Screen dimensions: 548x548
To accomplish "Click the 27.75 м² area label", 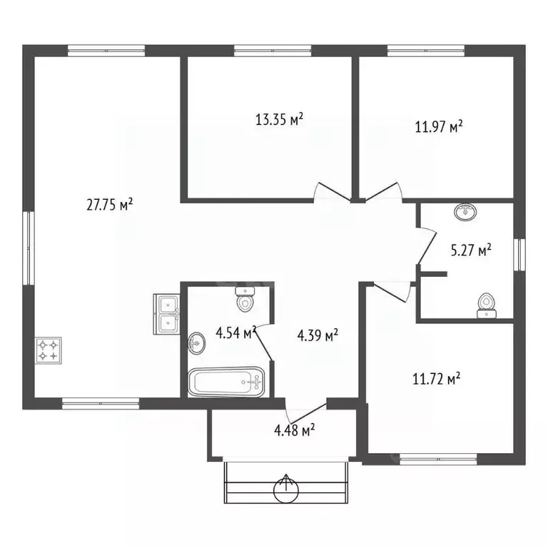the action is (109, 205).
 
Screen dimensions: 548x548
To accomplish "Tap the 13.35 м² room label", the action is (279, 119).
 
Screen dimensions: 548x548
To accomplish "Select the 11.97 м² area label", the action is (439, 126).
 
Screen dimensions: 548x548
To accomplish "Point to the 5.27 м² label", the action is (471, 250).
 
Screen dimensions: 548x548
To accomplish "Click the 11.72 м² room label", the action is (437, 378).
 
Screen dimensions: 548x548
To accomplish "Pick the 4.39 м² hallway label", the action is (318, 335).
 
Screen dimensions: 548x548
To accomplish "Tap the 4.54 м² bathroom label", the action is (236, 333).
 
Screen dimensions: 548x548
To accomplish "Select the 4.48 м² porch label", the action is (295, 430).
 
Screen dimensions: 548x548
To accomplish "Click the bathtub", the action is (226, 382).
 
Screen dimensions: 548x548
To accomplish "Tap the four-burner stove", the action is (49, 350).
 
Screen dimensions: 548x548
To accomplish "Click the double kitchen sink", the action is (167, 314).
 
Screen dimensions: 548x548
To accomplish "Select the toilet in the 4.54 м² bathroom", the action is (245, 299).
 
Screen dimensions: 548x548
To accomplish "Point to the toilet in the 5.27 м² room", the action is (487, 306).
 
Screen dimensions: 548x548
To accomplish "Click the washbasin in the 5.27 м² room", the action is (466, 212).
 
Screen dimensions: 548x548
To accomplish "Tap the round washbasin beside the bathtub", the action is (197, 343).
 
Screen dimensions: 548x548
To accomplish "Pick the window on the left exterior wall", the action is (29, 248).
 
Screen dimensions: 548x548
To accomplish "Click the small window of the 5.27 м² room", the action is (519, 255).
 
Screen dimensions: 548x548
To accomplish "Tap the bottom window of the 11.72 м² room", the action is (438, 459).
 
